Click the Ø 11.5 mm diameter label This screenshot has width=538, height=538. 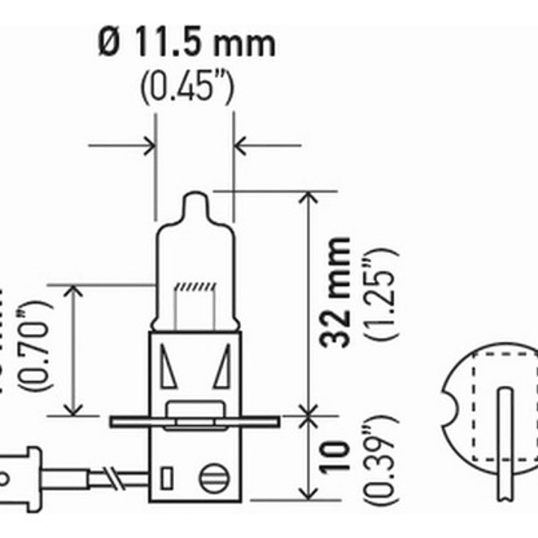click(x=186, y=43)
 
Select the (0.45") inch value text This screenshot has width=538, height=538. click(x=187, y=88)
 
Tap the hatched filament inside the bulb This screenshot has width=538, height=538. click(x=195, y=287)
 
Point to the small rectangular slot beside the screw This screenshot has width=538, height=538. click(x=167, y=477)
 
